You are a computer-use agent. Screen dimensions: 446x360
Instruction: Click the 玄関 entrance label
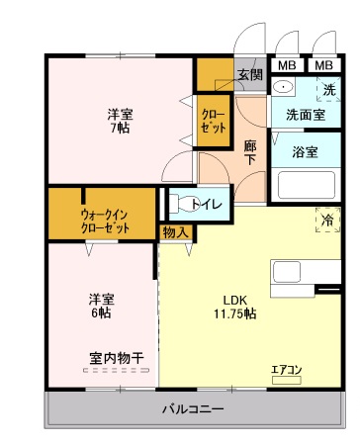pyautogui.click(x=248, y=74)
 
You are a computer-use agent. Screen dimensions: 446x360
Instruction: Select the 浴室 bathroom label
pyautogui.click(x=305, y=152)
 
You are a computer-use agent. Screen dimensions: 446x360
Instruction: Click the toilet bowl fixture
pyautogui.click(x=181, y=205)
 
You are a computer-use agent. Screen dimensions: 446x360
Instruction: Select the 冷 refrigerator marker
pyautogui.click(x=327, y=219)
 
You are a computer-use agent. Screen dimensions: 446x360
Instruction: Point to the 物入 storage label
pyautogui.click(x=175, y=231)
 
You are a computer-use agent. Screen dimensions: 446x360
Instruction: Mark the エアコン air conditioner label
pyautogui.click(x=288, y=370)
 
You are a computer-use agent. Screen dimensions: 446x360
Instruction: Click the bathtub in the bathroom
pyautogui.click(x=306, y=185)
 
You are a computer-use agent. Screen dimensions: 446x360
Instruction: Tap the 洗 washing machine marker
pyautogui.click(x=329, y=90)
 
